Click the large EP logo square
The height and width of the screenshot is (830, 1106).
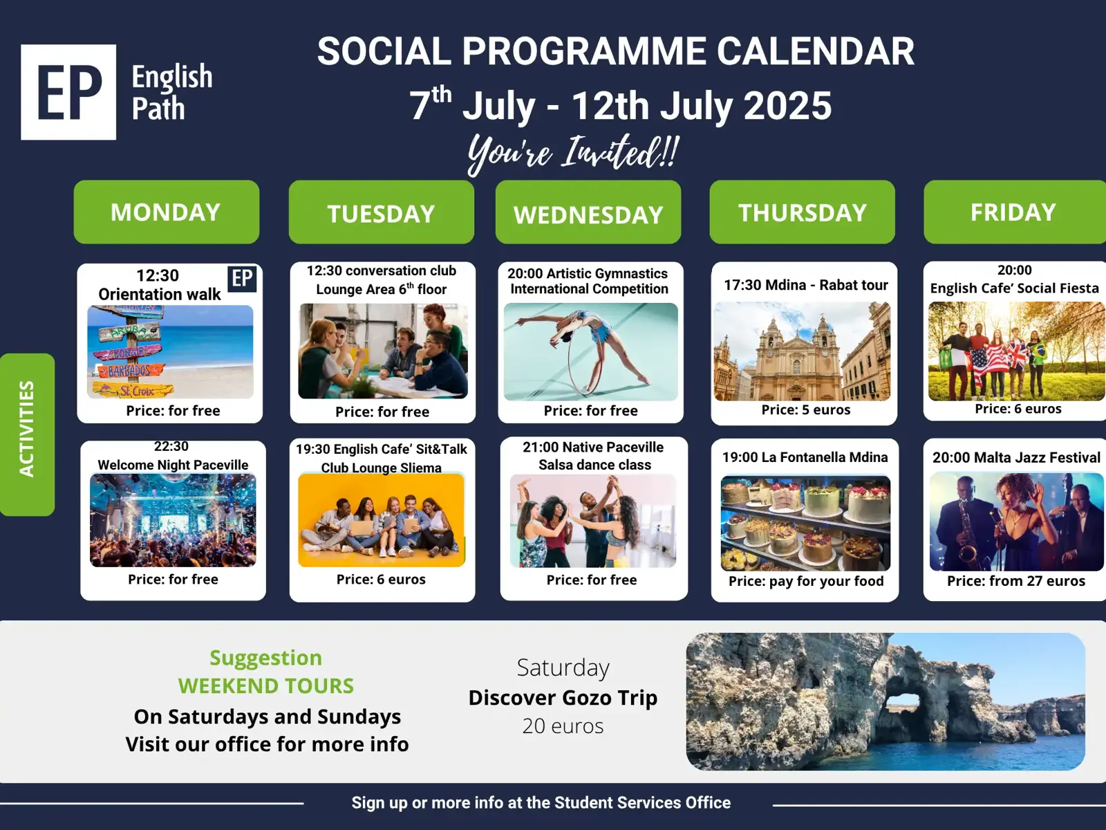(x=68, y=92)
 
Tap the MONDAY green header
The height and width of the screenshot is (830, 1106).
(x=167, y=212)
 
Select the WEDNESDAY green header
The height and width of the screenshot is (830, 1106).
(x=588, y=212)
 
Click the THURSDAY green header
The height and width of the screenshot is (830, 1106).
(x=802, y=212)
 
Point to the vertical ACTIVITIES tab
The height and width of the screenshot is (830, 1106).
(x=27, y=434)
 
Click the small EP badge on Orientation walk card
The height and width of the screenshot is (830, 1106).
(x=242, y=278)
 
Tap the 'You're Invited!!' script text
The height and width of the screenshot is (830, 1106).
(x=573, y=153)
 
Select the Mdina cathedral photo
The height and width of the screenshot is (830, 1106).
(x=802, y=351)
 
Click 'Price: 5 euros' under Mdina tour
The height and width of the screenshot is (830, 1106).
(x=806, y=409)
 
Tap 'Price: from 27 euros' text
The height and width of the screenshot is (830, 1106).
(x=1016, y=581)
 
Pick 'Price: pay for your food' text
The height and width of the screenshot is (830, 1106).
(x=806, y=582)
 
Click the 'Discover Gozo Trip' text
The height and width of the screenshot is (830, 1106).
(x=563, y=698)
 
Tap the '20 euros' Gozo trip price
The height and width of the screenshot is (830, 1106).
(x=563, y=726)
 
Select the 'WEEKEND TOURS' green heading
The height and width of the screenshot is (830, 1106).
(x=266, y=686)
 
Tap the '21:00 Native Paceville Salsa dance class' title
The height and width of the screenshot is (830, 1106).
(x=594, y=456)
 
